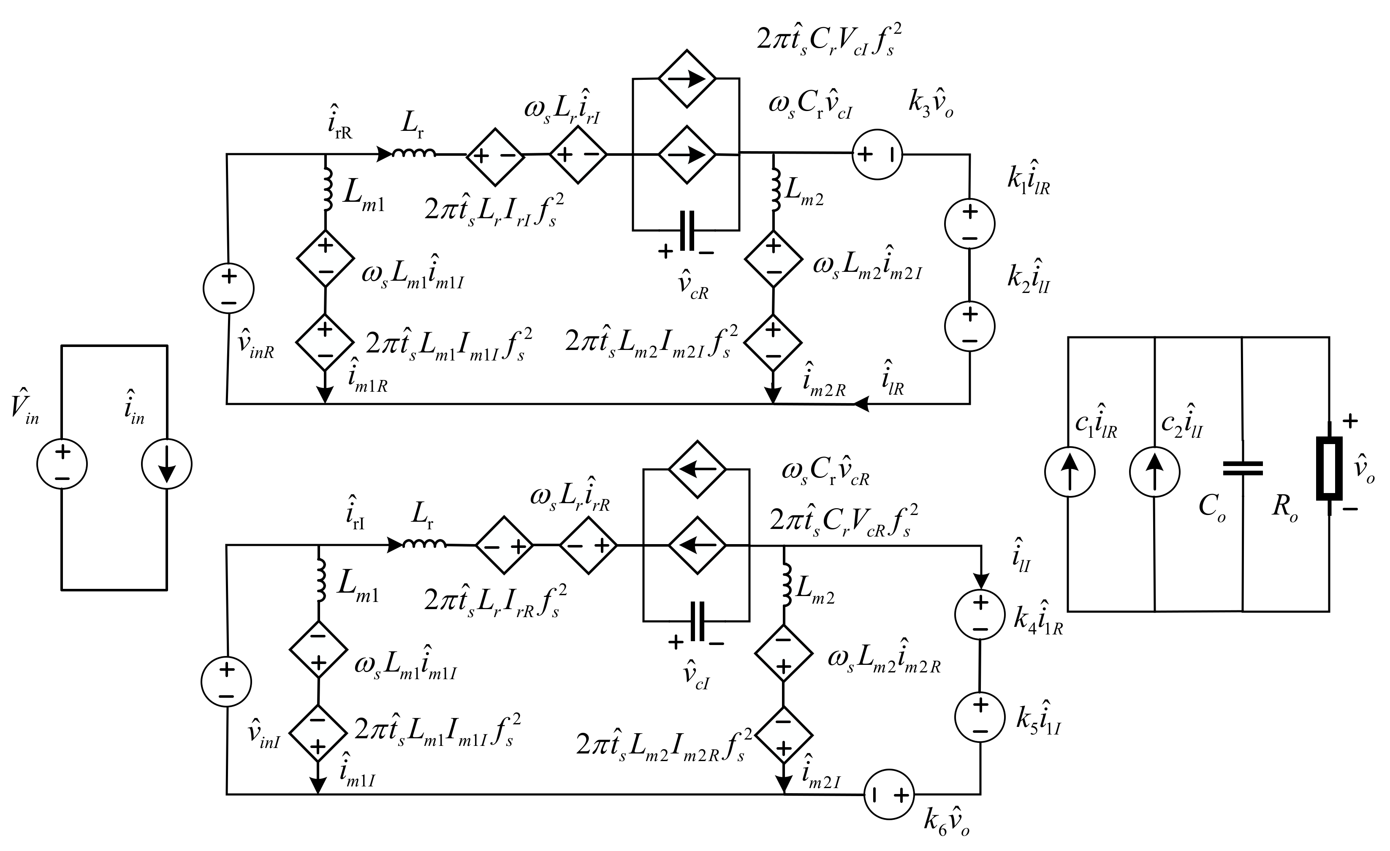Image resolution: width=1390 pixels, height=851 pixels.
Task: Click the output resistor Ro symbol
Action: [x=1328, y=468]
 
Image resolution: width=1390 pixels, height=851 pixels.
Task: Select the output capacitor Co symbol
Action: [x=1242, y=469]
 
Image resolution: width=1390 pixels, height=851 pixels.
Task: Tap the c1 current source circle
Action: [x=1070, y=472]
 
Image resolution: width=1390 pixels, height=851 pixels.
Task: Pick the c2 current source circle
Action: [x=1155, y=472]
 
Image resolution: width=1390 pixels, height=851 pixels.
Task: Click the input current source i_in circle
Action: [x=167, y=464]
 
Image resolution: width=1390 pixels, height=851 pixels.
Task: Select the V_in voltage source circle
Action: [x=62, y=464]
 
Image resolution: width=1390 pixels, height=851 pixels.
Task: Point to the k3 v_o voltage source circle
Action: [x=877, y=154]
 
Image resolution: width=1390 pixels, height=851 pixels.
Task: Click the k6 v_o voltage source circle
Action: [x=889, y=794]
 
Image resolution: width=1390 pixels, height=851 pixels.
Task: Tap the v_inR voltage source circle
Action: [x=228, y=288]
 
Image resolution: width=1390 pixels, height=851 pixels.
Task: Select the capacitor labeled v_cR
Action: [x=687, y=230]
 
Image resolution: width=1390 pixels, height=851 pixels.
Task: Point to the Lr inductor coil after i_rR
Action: [x=414, y=153]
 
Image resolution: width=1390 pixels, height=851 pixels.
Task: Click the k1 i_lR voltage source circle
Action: [x=970, y=224]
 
